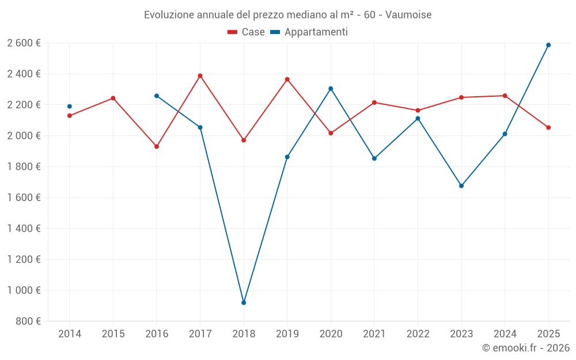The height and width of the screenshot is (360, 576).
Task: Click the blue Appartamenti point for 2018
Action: point(244,302)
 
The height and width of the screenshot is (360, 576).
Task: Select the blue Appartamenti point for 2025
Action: point(548,45)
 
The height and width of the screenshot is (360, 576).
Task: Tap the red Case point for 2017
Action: point(200,75)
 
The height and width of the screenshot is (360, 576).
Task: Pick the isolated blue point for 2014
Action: point(70,107)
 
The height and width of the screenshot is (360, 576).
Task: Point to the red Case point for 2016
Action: point(157,146)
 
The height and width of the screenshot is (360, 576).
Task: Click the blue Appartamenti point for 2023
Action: point(461,186)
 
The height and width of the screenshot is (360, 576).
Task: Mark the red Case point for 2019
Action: point(287,79)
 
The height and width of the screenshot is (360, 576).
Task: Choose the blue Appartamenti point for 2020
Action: point(331,89)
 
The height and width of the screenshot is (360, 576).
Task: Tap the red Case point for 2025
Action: point(548,127)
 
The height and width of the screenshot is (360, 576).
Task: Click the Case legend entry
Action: point(247,32)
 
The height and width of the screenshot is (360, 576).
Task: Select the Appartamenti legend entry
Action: point(309,32)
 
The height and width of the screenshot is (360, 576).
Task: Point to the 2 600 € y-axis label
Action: point(24,43)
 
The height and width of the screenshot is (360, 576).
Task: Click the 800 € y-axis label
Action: point(28,321)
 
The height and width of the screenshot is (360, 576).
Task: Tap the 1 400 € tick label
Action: point(24,228)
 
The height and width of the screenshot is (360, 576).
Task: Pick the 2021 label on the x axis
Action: point(374,334)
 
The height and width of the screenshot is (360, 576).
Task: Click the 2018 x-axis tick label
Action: point(244,334)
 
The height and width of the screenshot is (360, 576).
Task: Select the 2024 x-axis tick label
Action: point(505,334)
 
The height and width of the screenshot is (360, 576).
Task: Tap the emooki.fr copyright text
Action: point(525,348)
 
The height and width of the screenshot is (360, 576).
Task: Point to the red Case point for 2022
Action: point(418,111)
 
